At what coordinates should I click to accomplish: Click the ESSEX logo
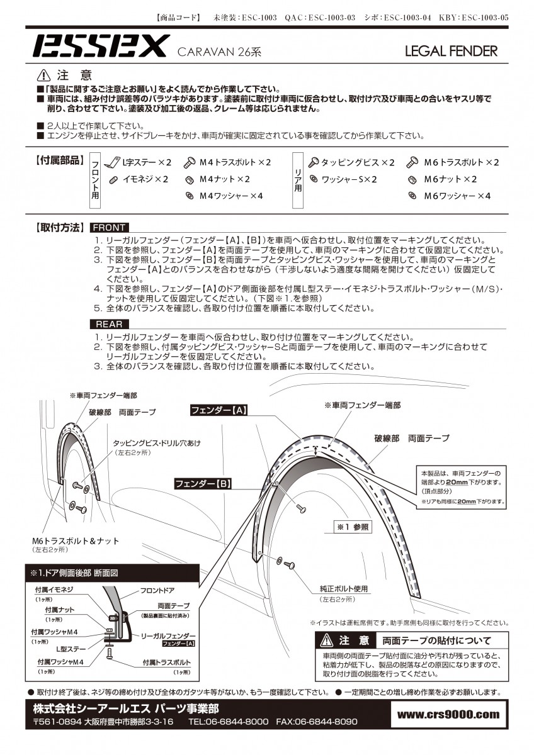99,46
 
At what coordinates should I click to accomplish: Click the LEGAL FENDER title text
451,51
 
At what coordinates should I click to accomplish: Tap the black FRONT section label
110,228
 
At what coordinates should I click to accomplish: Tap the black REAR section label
110,324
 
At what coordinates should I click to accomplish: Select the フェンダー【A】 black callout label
219,410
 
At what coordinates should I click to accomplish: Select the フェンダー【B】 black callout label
203,484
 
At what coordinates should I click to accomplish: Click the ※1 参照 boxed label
353,527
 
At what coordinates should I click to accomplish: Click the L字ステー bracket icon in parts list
113,162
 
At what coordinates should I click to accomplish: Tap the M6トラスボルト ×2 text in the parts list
461,162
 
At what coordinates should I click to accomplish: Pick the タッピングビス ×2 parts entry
358,162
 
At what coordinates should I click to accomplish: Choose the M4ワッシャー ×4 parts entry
230,196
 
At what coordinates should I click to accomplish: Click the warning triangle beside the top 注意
44,75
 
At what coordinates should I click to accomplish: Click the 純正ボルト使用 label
343,588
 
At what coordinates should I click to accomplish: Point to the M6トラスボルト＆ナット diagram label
76,540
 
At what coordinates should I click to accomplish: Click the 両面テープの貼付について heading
436,640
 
